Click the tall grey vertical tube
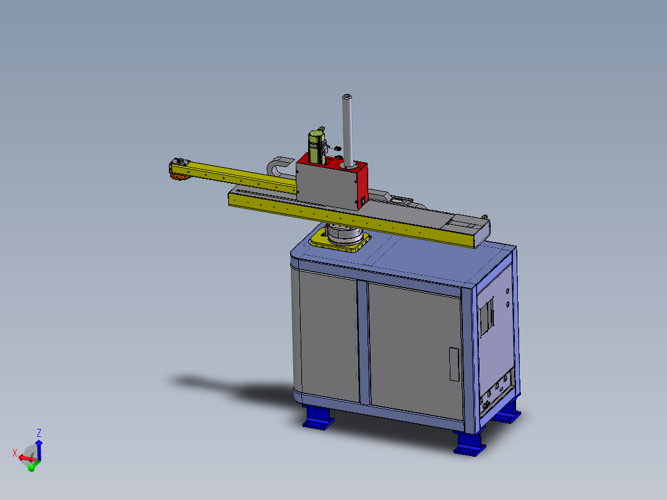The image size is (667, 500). pos(348,131)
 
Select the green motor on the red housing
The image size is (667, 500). pos(317,145)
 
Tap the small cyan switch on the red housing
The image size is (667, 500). pos(363,200)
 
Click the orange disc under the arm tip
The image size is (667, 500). pos(181,176)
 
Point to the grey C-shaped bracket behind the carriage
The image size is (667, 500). pos(278,165)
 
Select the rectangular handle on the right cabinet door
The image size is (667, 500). pos(454,364)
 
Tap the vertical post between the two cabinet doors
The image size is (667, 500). pos(364,343)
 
